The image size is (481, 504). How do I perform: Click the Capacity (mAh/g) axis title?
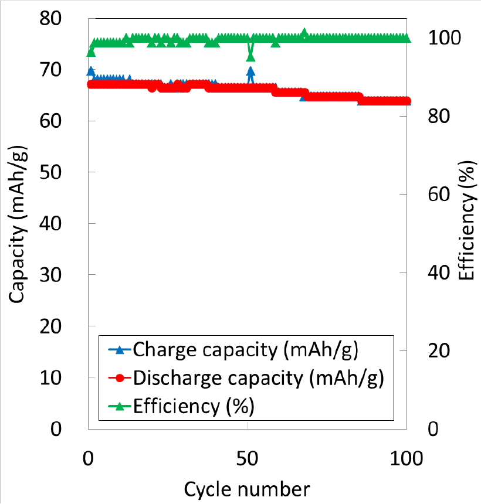pos(18,222)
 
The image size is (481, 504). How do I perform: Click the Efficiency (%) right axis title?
pos(466,222)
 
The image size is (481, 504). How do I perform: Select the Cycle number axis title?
pos(247,488)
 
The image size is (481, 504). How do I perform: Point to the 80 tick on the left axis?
pos(56,19)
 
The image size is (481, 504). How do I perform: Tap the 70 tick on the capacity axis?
pos(56,70)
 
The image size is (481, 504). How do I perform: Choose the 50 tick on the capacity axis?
pos(56,172)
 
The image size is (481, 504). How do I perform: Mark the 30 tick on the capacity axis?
pos(56,275)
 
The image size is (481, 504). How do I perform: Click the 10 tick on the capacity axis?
pos(56,377)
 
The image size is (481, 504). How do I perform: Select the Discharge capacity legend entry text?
pos(259,378)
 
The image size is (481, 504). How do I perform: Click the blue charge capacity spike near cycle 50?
pos(250,71)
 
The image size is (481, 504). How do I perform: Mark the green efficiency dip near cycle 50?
pos(250,56)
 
